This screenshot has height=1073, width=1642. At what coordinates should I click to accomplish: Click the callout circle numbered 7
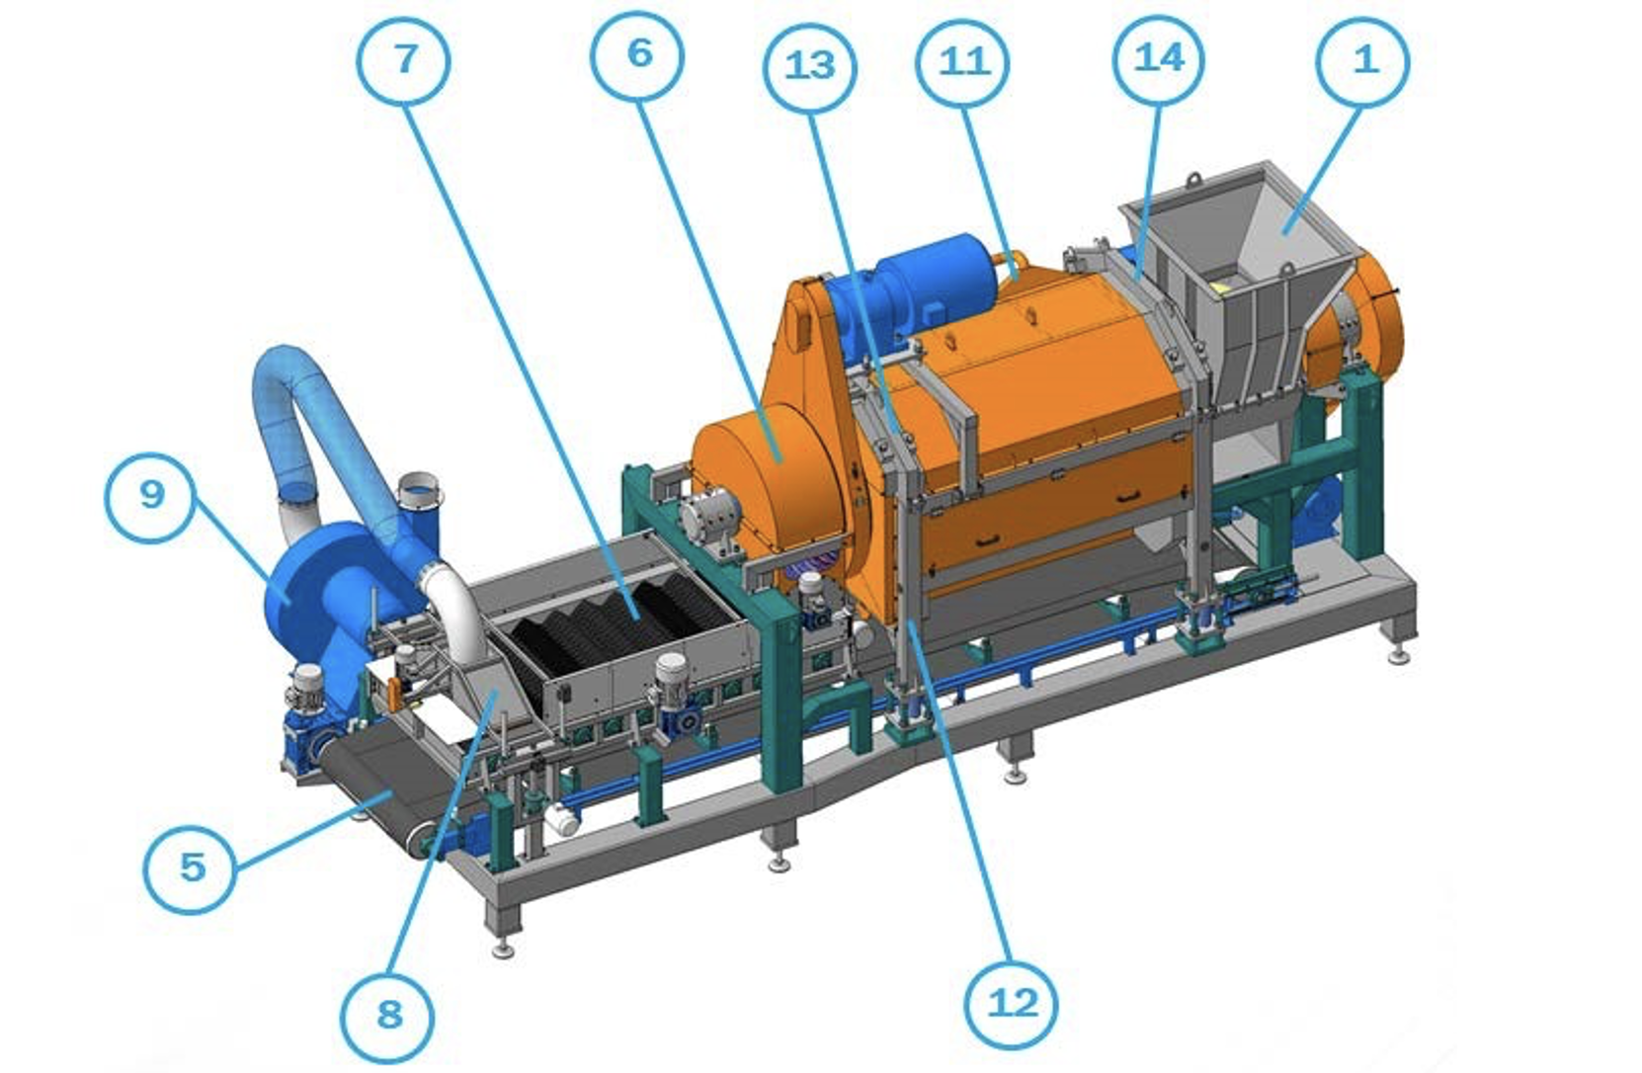click(x=404, y=61)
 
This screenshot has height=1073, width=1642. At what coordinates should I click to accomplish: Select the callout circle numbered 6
click(x=638, y=55)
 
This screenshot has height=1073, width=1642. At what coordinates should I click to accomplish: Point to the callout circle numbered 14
click(x=1159, y=59)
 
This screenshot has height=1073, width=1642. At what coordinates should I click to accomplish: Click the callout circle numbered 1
click(x=1363, y=61)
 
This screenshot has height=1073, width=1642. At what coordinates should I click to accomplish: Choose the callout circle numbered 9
click(x=151, y=497)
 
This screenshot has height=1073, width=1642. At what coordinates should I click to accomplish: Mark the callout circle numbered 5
click(x=191, y=868)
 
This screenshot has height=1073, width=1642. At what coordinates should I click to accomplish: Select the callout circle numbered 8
click(x=387, y=1017)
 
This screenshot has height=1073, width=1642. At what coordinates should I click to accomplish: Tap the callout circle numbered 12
click(x=1013, y=1004)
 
